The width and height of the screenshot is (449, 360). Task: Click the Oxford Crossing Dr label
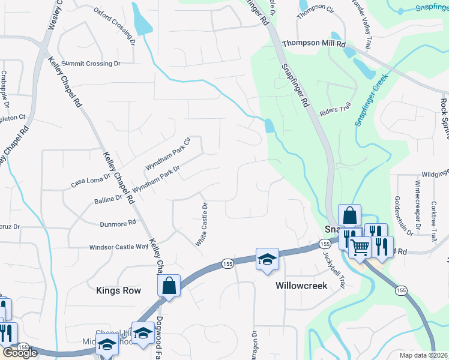coord(115,26)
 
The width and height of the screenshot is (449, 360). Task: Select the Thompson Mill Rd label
coord(314,44)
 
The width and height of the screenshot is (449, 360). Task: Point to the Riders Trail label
coord(335,110)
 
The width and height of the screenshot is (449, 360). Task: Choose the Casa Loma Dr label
coord(91,179)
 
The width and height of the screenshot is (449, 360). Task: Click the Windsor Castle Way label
coord(118,247)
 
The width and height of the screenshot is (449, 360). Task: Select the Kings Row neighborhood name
coord(118,290)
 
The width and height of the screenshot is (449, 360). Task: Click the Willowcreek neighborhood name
coord(301,286)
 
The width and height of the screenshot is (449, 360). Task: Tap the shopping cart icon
coord(360,245)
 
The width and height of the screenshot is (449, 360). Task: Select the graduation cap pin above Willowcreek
coord(267,259)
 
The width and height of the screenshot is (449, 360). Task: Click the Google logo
coord(20,353)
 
